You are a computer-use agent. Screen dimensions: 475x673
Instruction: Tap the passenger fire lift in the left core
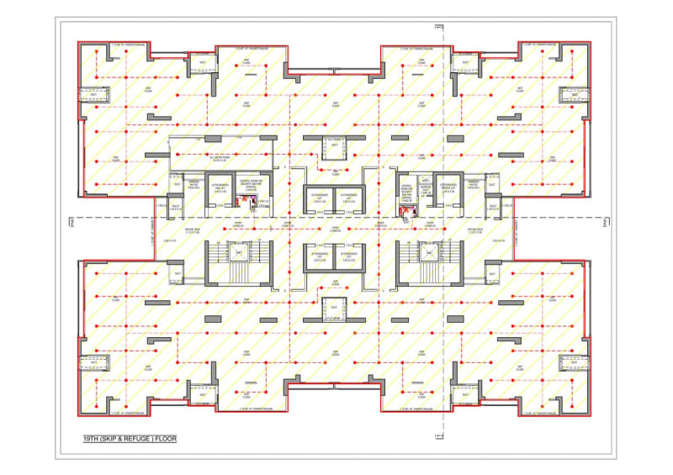pyautogui.click(x=221, y=190)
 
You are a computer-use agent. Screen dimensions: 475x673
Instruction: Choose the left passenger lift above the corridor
pyautogui.click(x=319, y=199)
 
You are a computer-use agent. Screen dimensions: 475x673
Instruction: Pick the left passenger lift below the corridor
pyautogui.click(x=319, y=256)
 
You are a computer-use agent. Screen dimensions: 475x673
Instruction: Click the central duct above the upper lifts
pyautogui.click(x=334, y=147)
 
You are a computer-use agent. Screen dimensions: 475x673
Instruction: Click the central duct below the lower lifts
pyautogui.click(x=334, y=308)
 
